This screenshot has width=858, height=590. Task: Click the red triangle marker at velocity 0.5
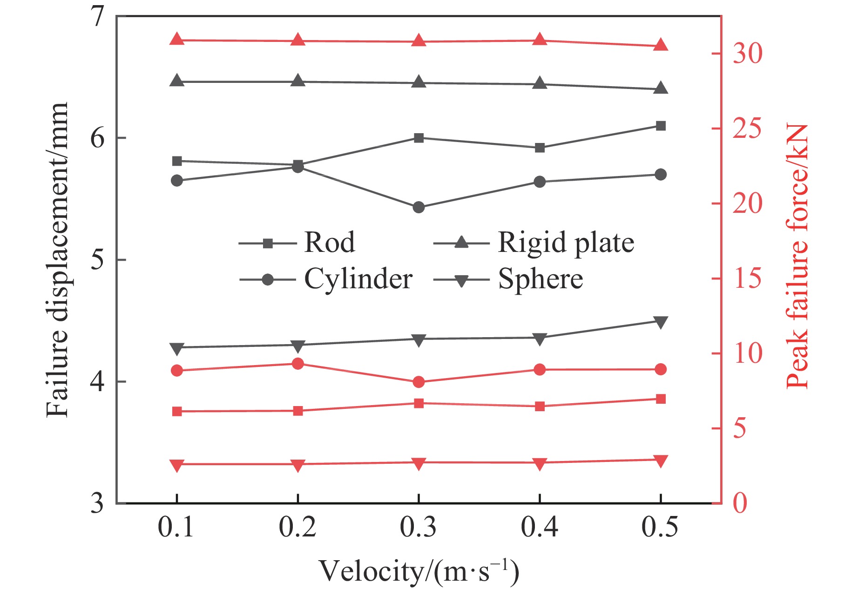point(660,45)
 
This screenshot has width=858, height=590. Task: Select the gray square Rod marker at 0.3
point(419,138)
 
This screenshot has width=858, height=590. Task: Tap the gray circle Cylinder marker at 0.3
point(419,207)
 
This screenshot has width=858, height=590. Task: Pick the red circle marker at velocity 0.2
point(298,364)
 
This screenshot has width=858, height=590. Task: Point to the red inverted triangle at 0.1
point(177,465)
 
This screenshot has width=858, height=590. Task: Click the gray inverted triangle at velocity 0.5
point(660,322)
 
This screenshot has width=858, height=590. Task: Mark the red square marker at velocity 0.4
point(540,407)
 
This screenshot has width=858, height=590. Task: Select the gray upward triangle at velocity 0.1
point(177,81)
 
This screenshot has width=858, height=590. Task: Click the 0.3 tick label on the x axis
point(418,528)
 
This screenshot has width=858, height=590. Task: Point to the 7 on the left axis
point(97,18)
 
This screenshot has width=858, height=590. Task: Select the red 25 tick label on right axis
point(748,129)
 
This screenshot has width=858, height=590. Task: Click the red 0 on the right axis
point(740,503)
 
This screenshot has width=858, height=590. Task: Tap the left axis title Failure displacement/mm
point(58,259)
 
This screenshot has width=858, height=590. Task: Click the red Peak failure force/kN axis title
point(797,256)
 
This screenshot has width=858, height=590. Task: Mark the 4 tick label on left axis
point(97,382)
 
